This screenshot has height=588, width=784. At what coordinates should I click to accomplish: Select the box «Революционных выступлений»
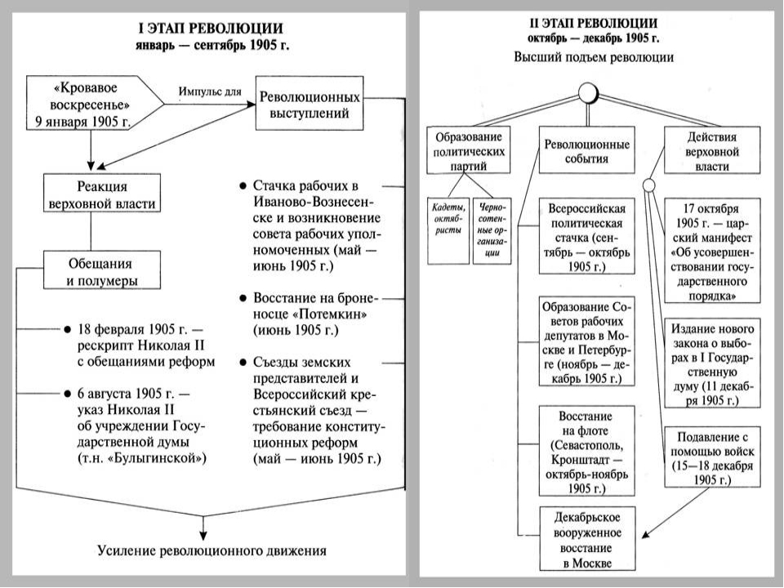click(310, 104)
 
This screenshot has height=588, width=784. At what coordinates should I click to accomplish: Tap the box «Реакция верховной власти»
click(102, 193)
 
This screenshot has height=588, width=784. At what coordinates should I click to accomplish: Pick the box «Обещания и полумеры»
click(102, 270)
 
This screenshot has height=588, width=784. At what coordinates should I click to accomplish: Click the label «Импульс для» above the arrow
click(210, 91)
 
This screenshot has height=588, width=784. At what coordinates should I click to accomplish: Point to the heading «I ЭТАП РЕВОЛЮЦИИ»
click(211, 28)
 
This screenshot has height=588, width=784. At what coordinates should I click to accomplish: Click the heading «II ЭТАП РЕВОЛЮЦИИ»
click(594, 23)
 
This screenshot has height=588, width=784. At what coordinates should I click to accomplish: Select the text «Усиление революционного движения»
click(212, 551)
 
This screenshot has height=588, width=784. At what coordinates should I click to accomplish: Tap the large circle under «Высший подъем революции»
click(588, 92)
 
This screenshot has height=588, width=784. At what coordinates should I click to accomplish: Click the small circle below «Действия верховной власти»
click(648, 185)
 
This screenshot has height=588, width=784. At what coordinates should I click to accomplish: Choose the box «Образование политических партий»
click(469, 150)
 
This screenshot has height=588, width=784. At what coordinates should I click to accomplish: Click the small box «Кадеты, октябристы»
click(448, 231)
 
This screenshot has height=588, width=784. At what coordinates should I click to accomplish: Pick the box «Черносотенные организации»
click(492, 231)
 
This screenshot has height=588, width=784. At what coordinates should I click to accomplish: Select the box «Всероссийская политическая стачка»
click(587, 236)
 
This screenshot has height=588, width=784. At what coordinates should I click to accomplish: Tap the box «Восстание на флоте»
click(587, 451)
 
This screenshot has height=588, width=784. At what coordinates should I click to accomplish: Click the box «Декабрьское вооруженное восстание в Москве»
click(587, 539)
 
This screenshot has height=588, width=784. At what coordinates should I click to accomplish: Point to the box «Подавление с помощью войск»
click(712, 457)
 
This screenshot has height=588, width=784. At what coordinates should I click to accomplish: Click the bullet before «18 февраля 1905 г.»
click(68, 330)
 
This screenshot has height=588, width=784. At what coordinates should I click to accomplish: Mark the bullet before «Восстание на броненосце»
click(243, 299)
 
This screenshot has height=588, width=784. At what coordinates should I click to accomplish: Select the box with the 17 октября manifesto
click(712, 251)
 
